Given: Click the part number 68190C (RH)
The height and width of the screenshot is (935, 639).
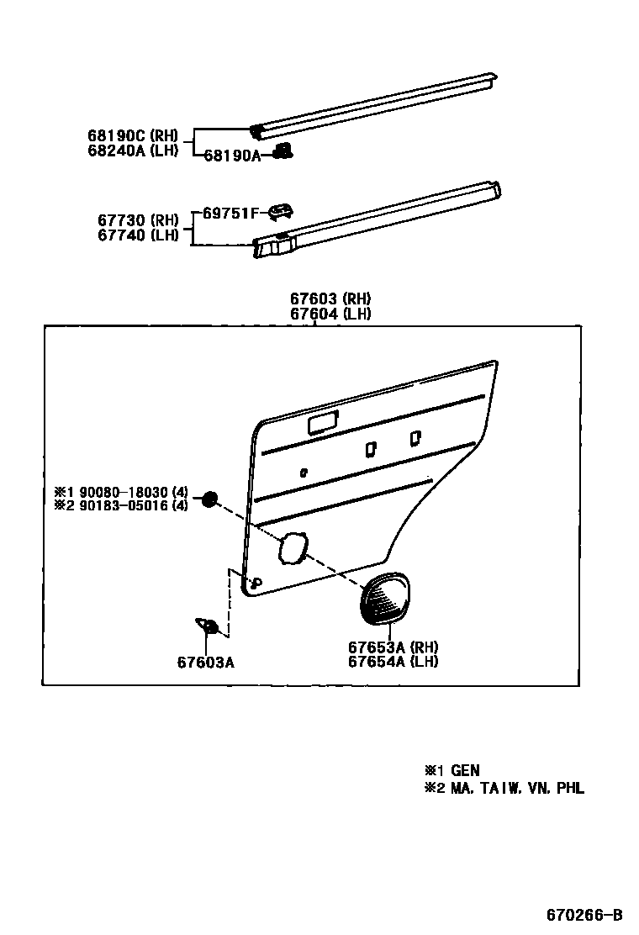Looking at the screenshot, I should [x=132, y=135].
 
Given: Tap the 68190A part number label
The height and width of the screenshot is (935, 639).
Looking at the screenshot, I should [x=232, y=156].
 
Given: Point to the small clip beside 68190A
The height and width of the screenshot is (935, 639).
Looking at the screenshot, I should [x=284, y=151].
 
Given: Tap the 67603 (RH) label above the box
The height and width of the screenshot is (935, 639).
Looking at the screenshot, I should [x=330, y=298].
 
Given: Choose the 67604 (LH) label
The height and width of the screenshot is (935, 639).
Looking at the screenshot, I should [x=330, y=314].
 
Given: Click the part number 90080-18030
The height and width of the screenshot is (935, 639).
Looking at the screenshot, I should [x=124, y=491].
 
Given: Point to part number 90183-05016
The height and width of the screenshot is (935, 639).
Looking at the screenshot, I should [x=124, y=505].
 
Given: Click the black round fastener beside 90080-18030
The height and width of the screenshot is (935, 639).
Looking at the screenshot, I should [x=209, y=499].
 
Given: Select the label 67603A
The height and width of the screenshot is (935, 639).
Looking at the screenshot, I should [x=205, y=662].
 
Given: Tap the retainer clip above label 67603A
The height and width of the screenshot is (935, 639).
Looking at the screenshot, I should [x=208, y=626].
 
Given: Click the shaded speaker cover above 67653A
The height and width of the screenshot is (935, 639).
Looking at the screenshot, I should [x=384, y=598].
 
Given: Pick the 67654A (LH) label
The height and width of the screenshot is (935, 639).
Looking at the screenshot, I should [x=393, y=661].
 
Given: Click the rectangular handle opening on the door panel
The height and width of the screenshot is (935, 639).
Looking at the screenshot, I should [x=322, y=425].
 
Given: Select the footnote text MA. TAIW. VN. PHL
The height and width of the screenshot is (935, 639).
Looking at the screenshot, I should [x=517, y=788].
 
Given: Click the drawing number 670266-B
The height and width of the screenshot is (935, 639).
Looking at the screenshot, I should [x=584, y=915].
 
